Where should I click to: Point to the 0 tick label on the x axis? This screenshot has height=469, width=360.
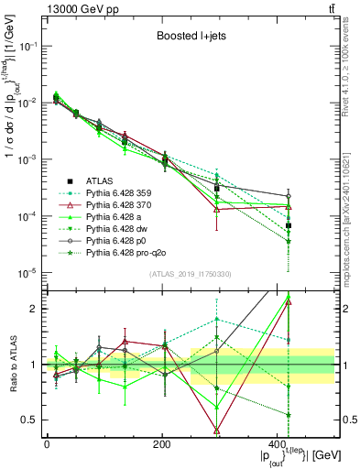[x=47, y=444]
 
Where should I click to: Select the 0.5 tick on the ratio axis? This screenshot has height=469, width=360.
[x=33, y=420]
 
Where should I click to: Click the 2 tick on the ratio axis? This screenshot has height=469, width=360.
[x=38, y=309]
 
